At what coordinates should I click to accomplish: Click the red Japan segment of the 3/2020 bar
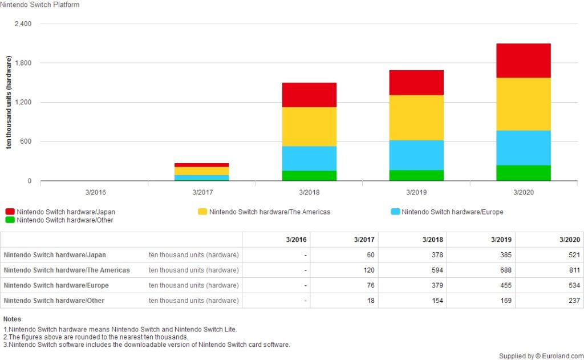point(523,60)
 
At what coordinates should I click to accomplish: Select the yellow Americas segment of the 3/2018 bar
point(309,127)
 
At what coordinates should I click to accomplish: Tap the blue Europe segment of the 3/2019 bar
point(416,155)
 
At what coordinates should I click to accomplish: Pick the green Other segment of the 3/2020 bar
point(523,173)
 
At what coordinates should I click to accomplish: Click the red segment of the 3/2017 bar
point(202,165)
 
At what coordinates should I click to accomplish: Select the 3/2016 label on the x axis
point(95,192)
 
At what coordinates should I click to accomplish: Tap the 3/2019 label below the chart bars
point(416,192)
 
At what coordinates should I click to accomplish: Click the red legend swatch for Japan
point(10,212)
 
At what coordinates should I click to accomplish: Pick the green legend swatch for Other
point(10,220)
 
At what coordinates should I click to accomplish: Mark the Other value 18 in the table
point(371,301)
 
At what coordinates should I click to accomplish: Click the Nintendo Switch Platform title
point(40,5)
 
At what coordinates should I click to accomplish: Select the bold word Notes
point(12,319)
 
